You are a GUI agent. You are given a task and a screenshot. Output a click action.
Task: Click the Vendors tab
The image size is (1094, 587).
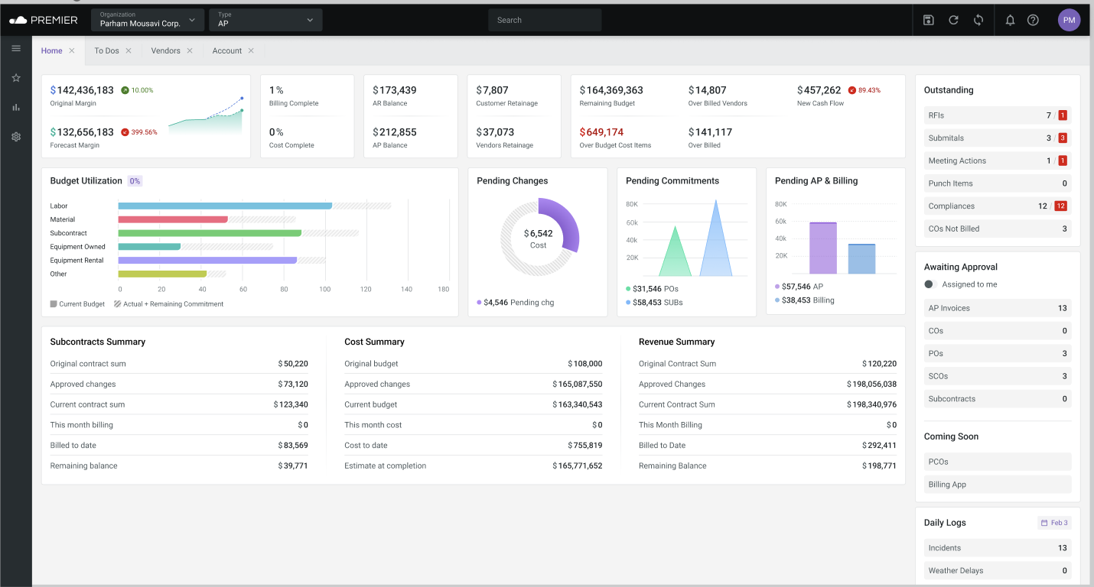(165, 51)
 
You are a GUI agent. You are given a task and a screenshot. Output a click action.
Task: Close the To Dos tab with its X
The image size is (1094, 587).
(129, 51)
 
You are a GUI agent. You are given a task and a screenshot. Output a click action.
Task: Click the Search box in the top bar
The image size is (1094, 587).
(545, 21)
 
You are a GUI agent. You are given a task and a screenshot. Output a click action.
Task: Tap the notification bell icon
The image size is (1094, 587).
(1010, 21)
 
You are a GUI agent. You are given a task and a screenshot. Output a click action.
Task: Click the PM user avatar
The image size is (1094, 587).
(1069, 21)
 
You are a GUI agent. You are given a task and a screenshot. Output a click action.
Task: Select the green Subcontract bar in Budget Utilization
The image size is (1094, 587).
(209, 233)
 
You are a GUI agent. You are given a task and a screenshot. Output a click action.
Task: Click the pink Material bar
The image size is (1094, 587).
(173, 219)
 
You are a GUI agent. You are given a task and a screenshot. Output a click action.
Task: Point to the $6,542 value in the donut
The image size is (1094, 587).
(539, 234)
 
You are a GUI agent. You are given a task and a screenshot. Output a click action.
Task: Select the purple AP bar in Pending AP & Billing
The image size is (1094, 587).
(822, 248)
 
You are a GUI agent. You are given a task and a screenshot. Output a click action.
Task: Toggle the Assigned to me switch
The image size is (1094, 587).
(930, 284)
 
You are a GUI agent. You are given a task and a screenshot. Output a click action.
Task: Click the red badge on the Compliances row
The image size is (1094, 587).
(1060, 206)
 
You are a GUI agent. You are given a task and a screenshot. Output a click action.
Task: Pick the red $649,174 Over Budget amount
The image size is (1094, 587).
(601, 132)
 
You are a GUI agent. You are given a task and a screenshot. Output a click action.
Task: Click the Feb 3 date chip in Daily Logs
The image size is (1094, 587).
(1054, 523)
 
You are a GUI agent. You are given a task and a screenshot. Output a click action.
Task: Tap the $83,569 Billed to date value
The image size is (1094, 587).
(293, 446)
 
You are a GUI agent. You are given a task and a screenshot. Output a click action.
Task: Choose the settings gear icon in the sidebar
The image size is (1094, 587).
(16, 137)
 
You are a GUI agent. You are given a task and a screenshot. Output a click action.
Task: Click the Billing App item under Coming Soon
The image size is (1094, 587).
(947, 485)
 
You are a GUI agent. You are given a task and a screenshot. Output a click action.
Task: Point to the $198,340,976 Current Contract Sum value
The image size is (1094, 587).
(871, 405)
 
